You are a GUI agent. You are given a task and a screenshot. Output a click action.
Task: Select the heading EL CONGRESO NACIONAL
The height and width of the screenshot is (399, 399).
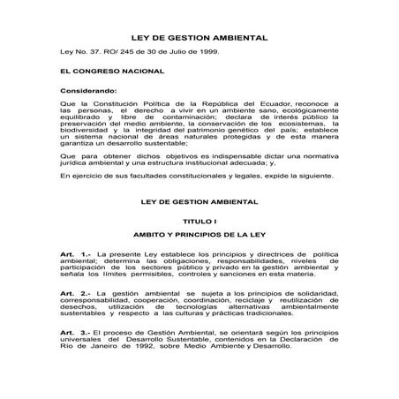(102, 71)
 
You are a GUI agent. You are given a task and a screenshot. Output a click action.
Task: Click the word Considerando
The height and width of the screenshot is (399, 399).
(87, 91)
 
